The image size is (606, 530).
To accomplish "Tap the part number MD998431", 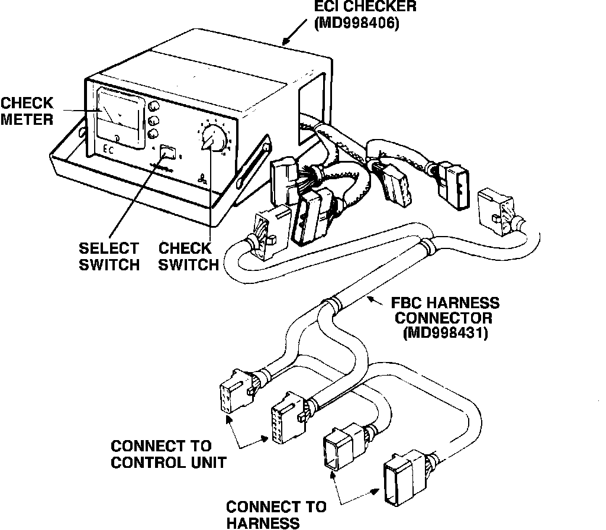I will [x=445, y=334].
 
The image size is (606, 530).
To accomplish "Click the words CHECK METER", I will [x=27, y=111].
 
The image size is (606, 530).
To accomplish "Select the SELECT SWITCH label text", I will [x=109, y=256].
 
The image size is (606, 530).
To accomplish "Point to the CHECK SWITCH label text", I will [x=189, y=256].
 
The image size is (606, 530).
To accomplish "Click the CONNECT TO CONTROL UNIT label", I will [x=168, y=454].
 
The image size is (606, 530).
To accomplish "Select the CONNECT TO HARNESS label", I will [x=276, y=514].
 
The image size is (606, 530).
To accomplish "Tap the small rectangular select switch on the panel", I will [x=168, y=152].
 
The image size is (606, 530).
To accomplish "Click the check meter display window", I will [x=120, y=115].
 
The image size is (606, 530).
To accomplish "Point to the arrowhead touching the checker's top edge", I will [x=285, y=43].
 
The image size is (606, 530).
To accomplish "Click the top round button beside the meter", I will [x=154, y=106].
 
